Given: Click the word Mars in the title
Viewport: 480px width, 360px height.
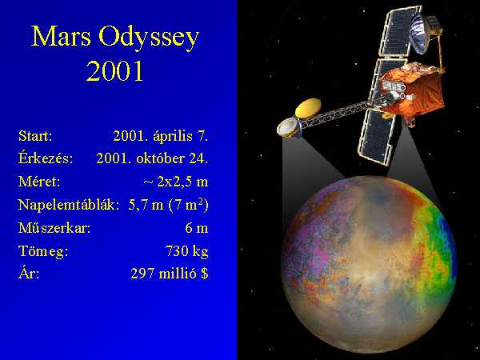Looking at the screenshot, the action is pos(61,37).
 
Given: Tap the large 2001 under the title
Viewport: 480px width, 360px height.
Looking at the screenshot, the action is pos(114,70).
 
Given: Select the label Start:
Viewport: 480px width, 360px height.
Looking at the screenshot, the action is pos(35,136).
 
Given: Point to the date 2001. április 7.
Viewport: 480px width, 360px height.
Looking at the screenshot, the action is pos(161,137).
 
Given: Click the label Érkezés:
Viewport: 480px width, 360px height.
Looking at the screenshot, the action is pos(46,158).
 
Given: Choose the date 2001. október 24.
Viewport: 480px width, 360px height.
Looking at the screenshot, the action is pos(152,158).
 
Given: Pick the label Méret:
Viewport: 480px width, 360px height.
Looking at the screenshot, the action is pos(39,182).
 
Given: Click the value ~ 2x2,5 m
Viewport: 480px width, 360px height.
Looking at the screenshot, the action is pos(176,182).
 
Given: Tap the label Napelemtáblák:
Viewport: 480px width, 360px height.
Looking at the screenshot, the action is pos(69,205).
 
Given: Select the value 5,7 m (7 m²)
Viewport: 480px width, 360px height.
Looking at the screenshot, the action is pos(168,205).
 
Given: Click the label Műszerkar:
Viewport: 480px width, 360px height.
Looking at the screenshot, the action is pos(54,228).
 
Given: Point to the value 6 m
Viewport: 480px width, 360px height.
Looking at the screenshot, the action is pos(197,228).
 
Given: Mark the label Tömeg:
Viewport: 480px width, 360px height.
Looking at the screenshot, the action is pos(43,251).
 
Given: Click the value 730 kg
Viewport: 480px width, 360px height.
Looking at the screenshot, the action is pos(186,251).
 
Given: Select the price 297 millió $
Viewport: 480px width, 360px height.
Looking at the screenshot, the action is pos(170,274).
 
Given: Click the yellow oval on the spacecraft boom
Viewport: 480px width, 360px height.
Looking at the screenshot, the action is pos(308,108).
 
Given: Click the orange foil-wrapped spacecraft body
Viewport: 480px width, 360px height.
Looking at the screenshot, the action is pos(412,90).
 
